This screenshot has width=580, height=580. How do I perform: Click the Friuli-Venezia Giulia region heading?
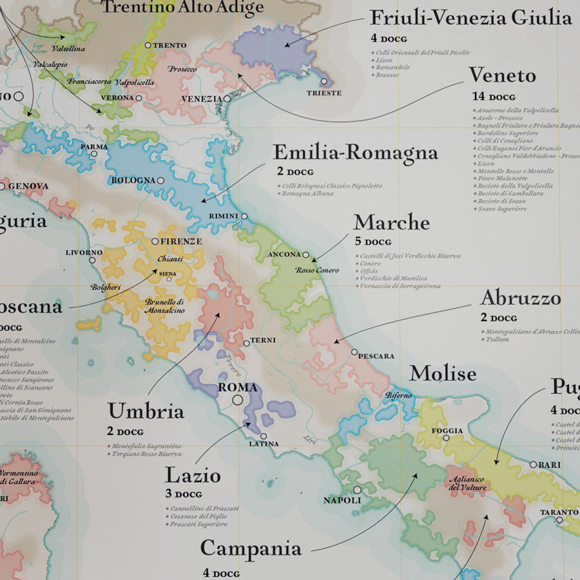pyautogui.click(x=471, y=17)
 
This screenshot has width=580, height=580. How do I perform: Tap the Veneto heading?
pyautogui.click(x=502, y=75)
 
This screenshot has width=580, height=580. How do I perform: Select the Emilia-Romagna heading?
pyautogui.click(x=355, y=153)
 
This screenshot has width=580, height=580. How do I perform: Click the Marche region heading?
pyautogui.click(x=391, y=222)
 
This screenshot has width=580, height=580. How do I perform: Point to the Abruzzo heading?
pyautogui.click(x=520, y=298)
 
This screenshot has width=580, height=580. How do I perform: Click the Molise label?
pyautogui.click(x=443, y=373)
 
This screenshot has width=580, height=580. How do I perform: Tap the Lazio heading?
pyautogui.click(x=193, y=476)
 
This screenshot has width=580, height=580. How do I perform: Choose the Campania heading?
pyautogui.click(x=251, y=548)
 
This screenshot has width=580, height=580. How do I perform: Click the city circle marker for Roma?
pyautogui.click(x=238, y=400)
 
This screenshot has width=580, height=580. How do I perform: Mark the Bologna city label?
pyautogui.click(x=133, y=180)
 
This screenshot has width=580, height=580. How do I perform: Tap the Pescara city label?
pyautogui.click(x=376, y=356)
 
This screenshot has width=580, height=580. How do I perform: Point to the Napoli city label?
pyautogui.click(x=342, y=500)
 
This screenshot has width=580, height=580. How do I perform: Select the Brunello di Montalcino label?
pyautogui.click(x=165, y=306)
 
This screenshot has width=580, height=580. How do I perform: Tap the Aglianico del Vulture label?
pyautogui.click(x=468, y=483)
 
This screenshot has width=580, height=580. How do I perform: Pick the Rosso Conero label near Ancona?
pyautogui.click(x=316, y=270)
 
